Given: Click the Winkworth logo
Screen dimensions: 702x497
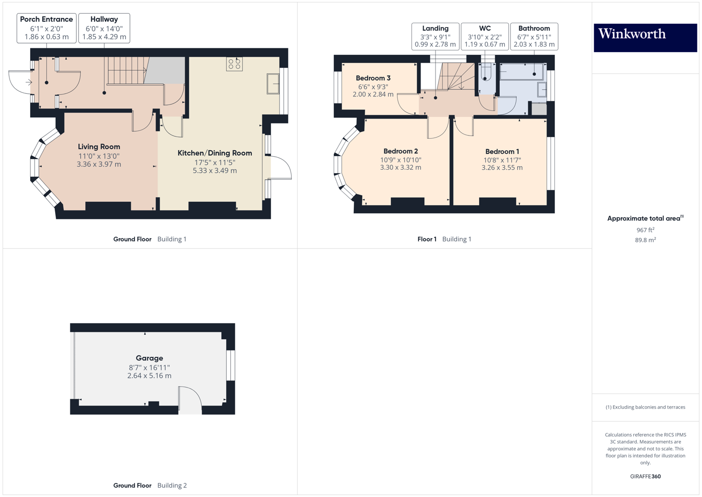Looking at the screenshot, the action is [x=645, y=38].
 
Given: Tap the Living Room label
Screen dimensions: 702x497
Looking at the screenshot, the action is [x=99, y=147].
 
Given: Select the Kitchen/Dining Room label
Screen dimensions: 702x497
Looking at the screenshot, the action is [x=215, y=153].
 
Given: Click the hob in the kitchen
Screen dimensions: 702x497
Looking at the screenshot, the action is [x=234, y=64].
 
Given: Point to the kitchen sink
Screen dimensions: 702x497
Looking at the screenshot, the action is [x=273, y=84].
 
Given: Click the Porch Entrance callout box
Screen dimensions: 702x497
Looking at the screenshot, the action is [x=46, y=28].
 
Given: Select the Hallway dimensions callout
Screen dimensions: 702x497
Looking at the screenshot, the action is [x=104, y=28].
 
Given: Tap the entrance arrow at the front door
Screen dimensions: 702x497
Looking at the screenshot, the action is [x=29, y=82].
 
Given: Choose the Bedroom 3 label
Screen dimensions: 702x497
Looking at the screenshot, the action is [x=373, y=78].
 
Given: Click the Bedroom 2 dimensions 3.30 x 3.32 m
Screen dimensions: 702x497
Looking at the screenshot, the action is [x=400, y=168].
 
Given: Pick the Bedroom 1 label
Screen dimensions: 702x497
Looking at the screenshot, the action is [x=502, y=152].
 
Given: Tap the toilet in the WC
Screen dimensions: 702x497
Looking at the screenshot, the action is [x=485, y=72].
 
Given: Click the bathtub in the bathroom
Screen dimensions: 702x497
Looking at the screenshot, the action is [x=521, y=72].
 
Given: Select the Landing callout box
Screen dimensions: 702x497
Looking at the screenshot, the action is [x=436, y=36].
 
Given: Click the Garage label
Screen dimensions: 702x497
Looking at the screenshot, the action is [x=149, y=358].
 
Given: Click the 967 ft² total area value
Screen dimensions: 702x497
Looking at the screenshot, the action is [x=645, y=230].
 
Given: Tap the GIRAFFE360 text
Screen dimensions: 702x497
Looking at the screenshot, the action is [x=645, y=476].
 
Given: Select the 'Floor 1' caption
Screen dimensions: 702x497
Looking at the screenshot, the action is [x=427, y=239].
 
